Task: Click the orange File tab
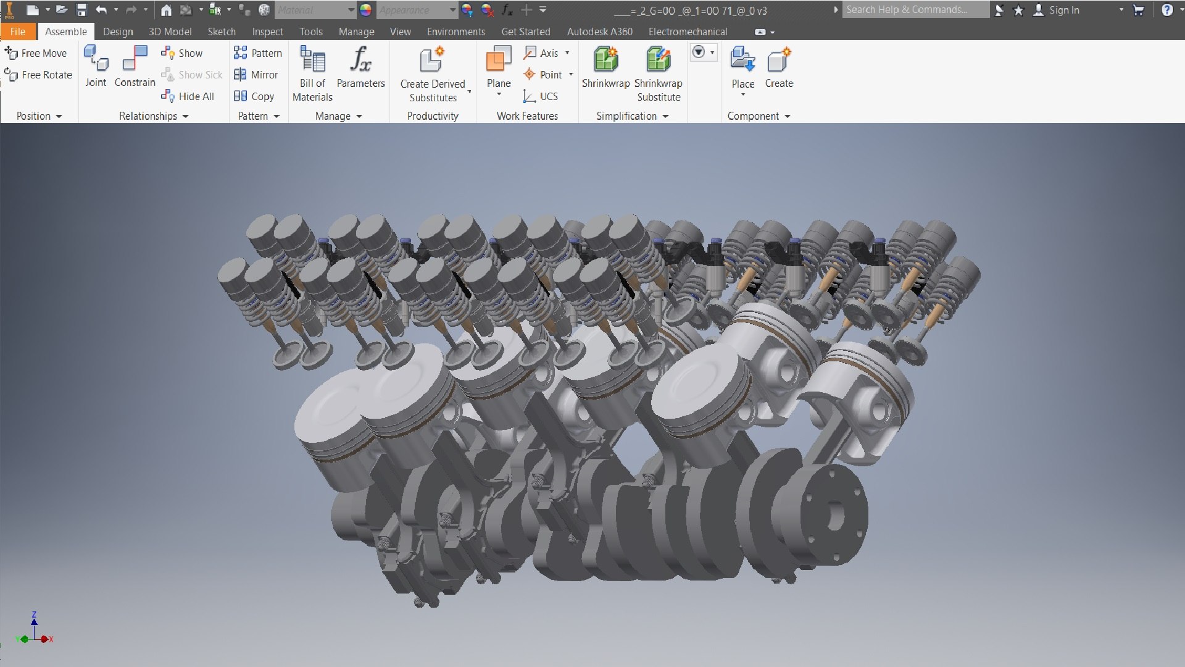point(17,31)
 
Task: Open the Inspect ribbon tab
point(267,31)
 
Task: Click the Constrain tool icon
point(135,59)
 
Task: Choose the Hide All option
point(188,96)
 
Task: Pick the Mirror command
point(256,75)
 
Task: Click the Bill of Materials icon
point(312,60)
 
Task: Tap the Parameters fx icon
point(360,60)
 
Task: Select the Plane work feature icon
point(499,60)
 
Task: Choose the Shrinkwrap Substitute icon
point(658,60)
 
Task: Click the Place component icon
point(742,60)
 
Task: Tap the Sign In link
point(1063,10)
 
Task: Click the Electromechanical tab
point(688,31)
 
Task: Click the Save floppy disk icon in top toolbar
point(81,10)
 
